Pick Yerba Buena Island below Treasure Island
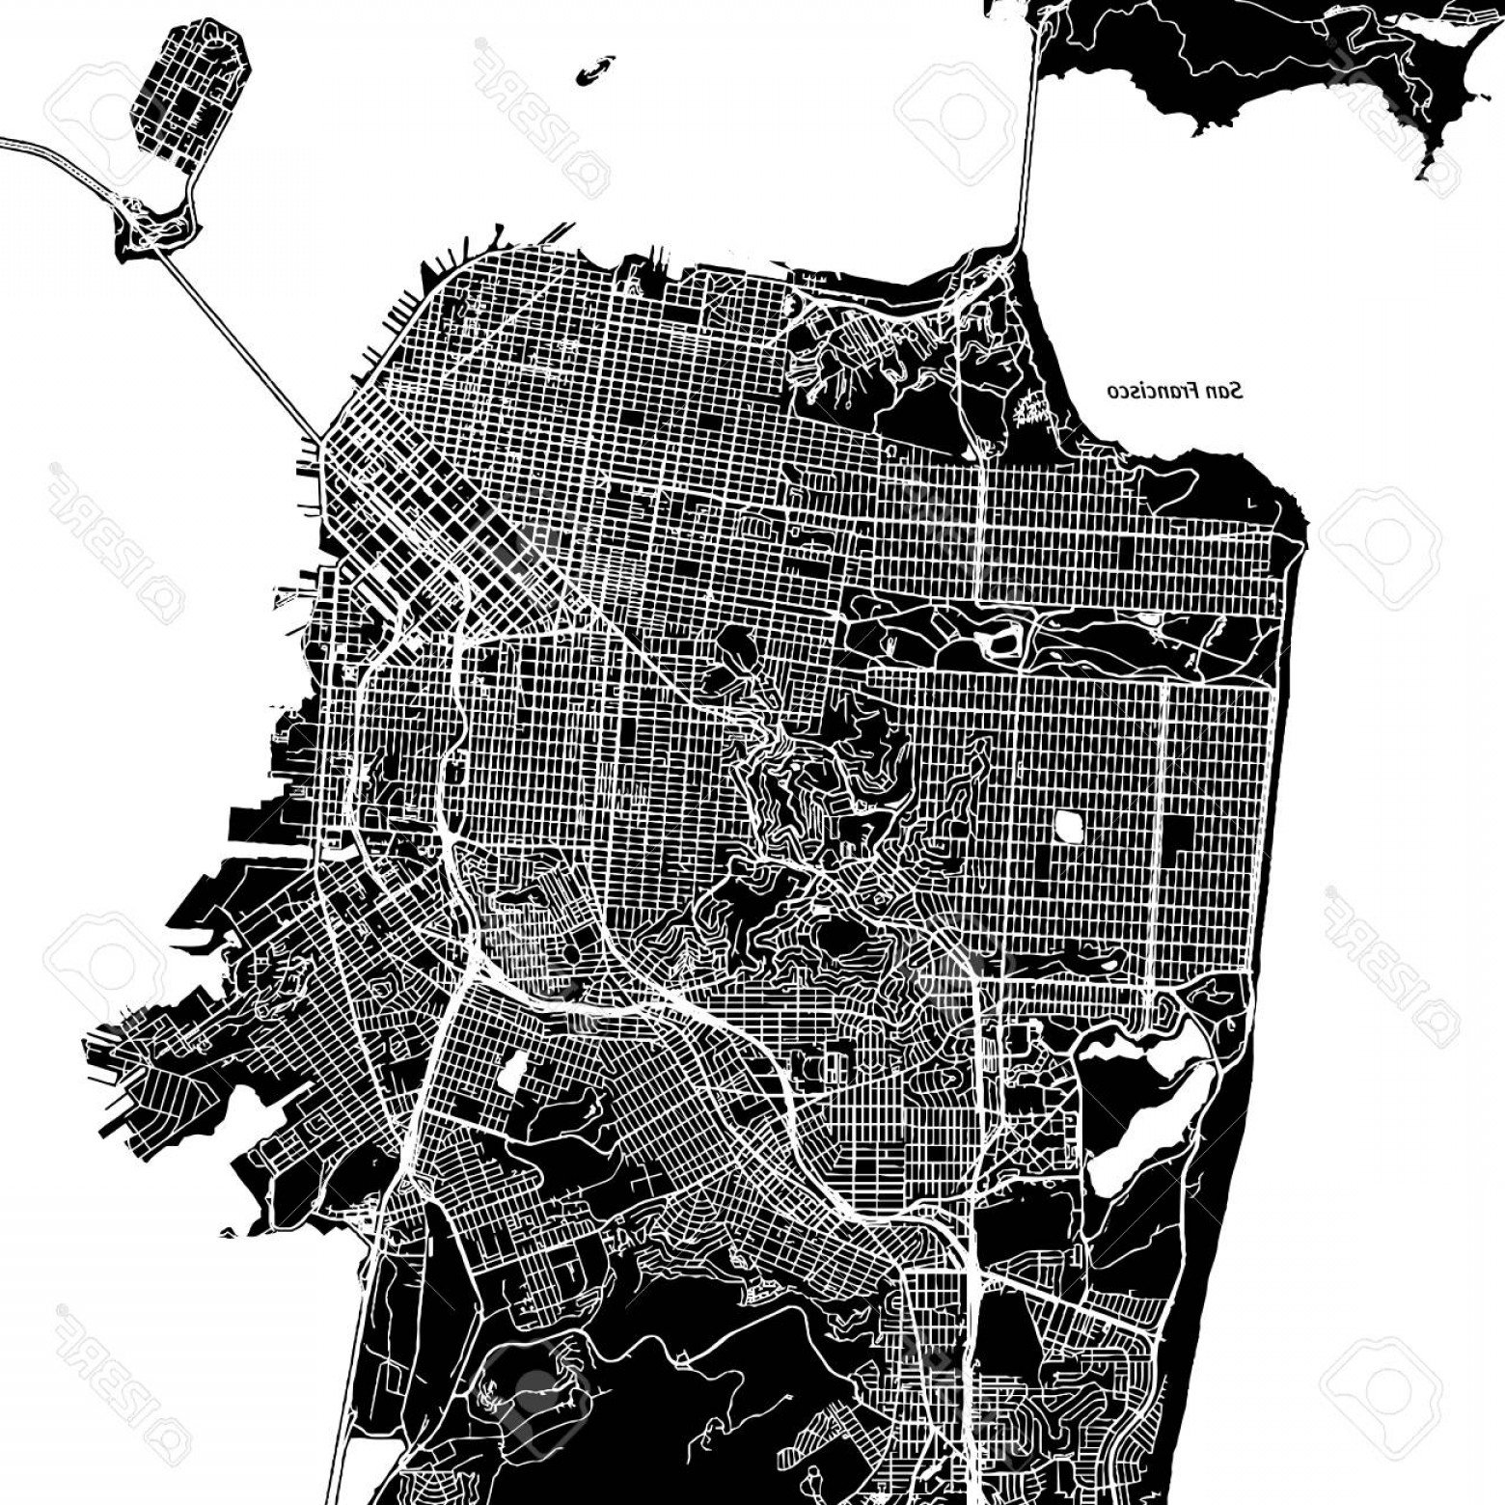click(x=154, y=228)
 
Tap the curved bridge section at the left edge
click(x=58, y=159)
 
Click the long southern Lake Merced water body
click(x=1143, y=1129)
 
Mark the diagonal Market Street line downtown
click(x=540, y=560)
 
